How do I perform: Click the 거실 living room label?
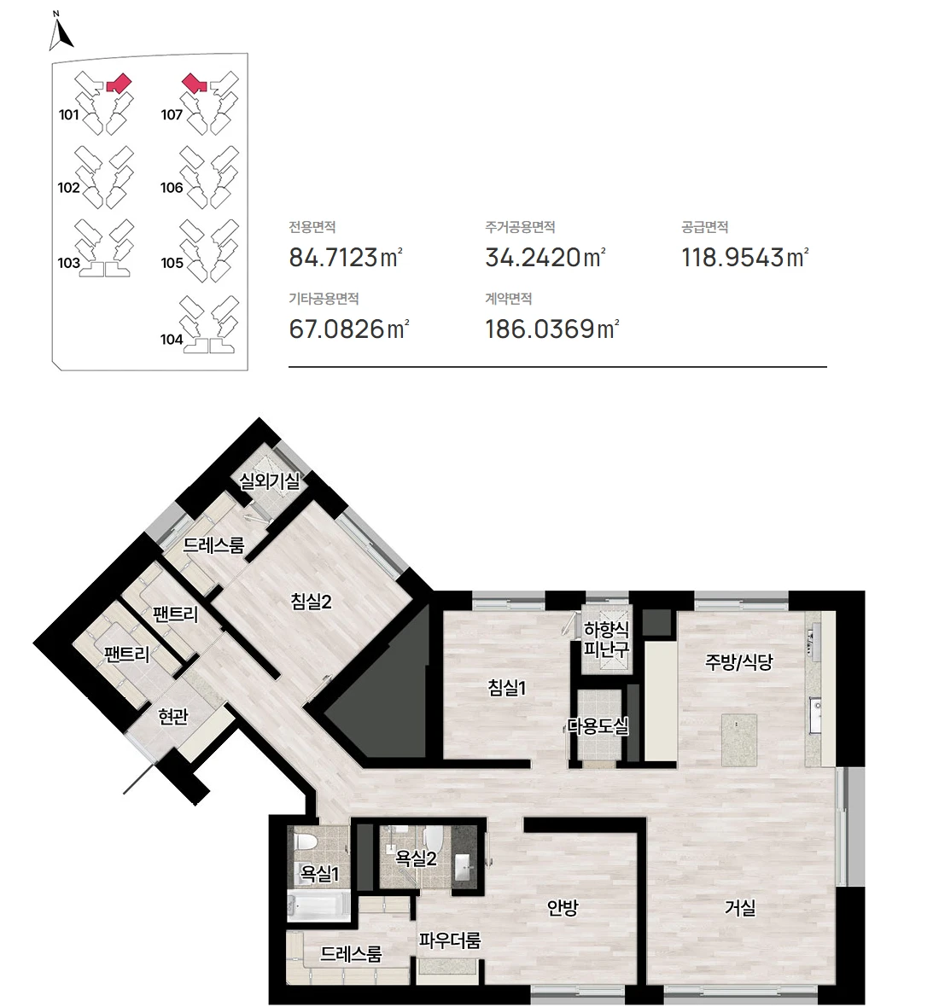point(740,907)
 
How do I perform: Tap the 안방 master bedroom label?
point(563,907)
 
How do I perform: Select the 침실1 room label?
point(507,688)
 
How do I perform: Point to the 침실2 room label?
point(311,602)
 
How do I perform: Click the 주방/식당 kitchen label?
point(738,662)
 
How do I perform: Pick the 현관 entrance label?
point(172,717)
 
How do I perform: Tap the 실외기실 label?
point(269,481)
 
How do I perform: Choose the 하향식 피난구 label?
point(606,638)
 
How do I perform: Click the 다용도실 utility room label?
point(598,726)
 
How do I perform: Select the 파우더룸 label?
point(450,940)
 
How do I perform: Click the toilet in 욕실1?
point(304,845)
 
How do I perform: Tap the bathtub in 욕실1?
point(318,906)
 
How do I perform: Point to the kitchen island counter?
point(739,740)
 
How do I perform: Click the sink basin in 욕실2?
point(464,867)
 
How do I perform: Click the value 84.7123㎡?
point(346,258)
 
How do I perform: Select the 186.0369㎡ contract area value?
point(551,329)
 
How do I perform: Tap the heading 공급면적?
point(704,227)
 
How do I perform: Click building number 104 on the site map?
point(172,339)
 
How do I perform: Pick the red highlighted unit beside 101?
point(119,84)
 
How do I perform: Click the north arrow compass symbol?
point(60,33)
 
